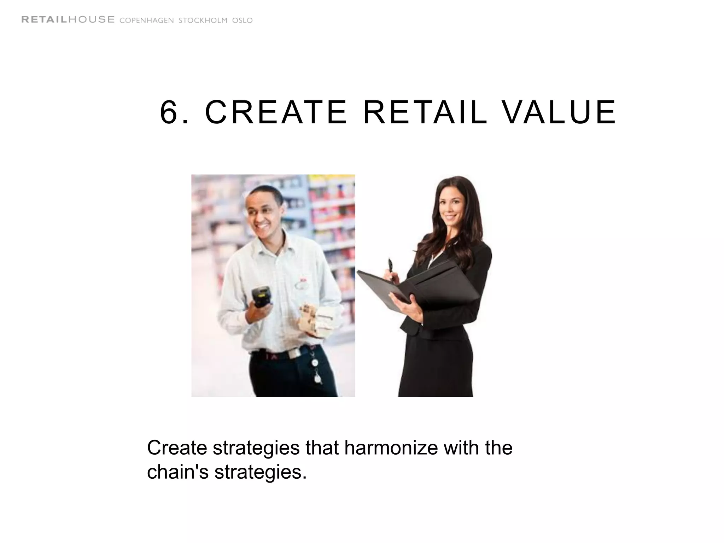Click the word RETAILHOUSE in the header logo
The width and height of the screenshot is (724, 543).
tap(68, 20)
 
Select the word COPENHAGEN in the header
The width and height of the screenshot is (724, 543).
tap(147, 21)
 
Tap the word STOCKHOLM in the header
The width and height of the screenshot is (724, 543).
tap(203, 21)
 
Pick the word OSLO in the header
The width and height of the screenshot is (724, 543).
tap(243, 21)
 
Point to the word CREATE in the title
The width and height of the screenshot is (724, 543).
tap(276, 112)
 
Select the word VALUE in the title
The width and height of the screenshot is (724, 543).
tap(559, 112)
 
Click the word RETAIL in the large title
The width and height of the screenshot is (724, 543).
tap(425, 112)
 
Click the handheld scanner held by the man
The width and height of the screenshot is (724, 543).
tap(261, 297)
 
